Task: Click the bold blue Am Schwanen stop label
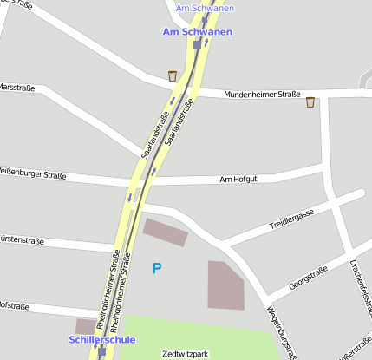coord(198,31)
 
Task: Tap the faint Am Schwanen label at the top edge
coord(205,9)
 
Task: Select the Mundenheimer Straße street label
coord(262,94)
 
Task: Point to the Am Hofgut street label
coord(238,180)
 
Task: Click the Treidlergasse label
coord(291,219)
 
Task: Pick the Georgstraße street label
coord(308,278)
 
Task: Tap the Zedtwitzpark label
coord(186,354)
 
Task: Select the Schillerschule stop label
coord(101,339)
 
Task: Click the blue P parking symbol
coord(156,269)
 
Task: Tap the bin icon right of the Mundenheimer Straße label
coord(310,102)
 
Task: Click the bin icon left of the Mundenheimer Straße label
coord(173,75)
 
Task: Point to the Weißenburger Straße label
coord(33,176)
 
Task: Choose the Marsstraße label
coord(16,87)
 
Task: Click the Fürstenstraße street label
coord(22,238)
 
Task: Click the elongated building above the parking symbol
coord(166,232)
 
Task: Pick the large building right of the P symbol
coord(226,285)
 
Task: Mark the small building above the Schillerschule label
coord(86,325)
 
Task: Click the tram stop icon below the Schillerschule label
coord(102,352)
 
